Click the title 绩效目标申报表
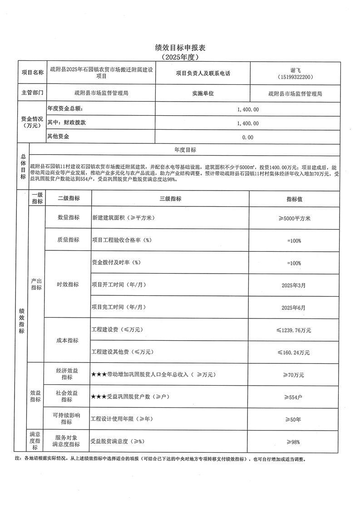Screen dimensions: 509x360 180,48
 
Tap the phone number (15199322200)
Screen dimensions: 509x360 295,78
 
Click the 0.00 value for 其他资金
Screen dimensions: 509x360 247,137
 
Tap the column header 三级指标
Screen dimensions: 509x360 170,199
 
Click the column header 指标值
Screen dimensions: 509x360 295,199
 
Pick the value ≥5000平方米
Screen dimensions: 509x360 294,218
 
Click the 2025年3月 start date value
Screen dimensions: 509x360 294,285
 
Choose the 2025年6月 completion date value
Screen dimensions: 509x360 294,307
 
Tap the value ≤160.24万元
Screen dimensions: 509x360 294,352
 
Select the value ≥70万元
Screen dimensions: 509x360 294,375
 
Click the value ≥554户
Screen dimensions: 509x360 294,397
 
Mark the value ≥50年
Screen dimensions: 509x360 294,419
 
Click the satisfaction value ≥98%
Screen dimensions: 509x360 294,441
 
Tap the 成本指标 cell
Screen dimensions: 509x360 68,341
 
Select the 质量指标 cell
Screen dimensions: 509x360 68,240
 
